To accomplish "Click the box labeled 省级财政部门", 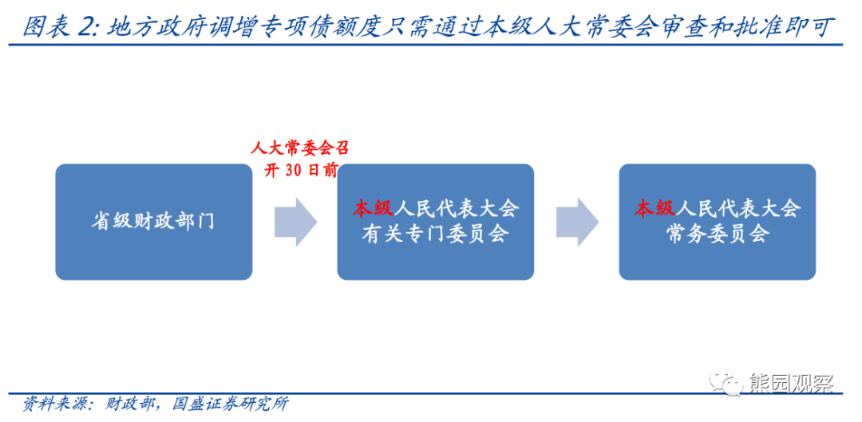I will (x=152, y=221).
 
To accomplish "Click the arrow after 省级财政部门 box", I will (x=296, y=221).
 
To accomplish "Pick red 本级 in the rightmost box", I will (x=654, y=209).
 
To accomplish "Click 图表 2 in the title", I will (x=57, y=28).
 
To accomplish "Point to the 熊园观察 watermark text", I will (x=790, y=384).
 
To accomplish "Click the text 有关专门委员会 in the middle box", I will (x=435, y=234).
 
